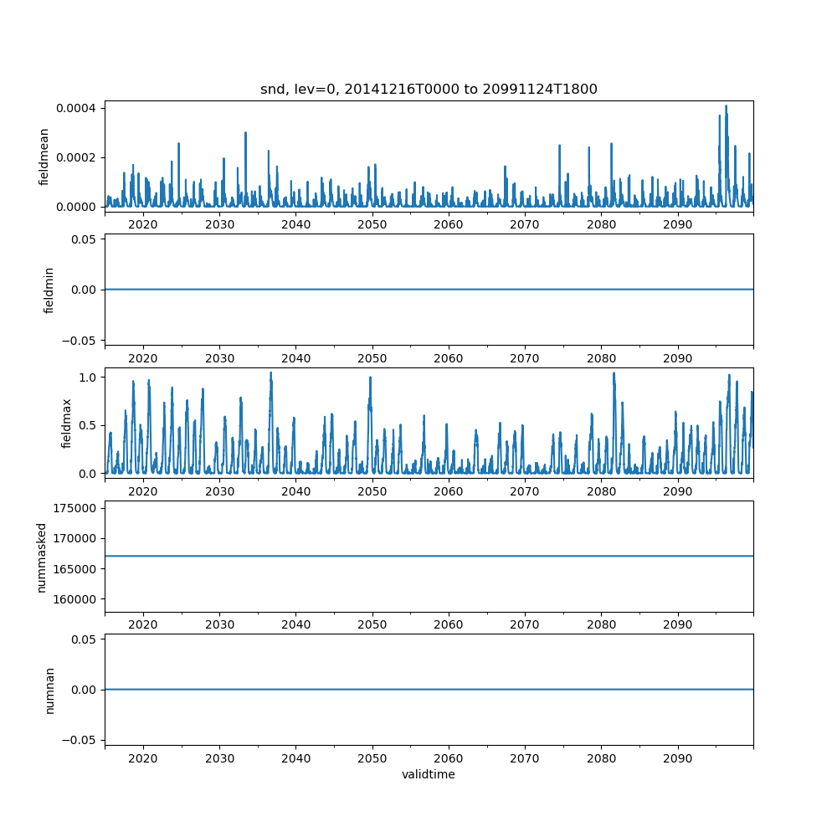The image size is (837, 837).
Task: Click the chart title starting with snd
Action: coord(429,90)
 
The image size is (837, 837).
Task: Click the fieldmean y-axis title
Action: coord(45,157)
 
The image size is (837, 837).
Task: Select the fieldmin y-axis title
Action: coord(49,290)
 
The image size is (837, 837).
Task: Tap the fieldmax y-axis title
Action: coord(67,423)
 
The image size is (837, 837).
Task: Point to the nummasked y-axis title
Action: coord(41,557)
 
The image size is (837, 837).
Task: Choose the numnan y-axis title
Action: coord(49,690)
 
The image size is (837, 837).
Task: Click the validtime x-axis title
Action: coord(429,774)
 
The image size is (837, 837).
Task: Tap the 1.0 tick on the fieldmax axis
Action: coord(88,377)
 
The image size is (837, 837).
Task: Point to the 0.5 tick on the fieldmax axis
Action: coord(88,425)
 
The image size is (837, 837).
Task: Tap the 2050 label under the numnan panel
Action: coord(372,757)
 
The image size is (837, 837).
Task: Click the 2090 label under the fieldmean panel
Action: coord(677,224)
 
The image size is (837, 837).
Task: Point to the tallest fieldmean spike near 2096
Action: coord(726,106)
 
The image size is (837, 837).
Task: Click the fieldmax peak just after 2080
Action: coord(614,373)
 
